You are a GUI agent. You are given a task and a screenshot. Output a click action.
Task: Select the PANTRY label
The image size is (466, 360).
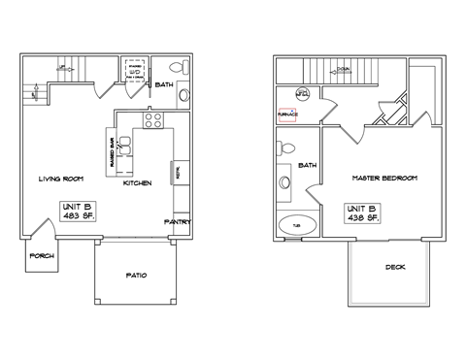(177, 221)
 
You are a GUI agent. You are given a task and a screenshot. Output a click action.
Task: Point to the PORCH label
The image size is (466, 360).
(42, 255)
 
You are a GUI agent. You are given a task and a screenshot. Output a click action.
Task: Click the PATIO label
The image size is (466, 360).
(137, 275)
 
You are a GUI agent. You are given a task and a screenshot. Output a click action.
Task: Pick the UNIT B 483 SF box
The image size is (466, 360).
(77, 212)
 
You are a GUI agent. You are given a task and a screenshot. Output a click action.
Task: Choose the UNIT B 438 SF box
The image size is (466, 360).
(363, 213)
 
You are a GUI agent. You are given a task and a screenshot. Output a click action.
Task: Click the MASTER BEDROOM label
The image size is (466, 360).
(384, 179)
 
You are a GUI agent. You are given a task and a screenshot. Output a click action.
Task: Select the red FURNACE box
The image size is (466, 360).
(287, 115)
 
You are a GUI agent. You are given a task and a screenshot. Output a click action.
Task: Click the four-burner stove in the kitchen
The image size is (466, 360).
(153, 120)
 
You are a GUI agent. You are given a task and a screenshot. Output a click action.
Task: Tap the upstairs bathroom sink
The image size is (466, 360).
(283, 181)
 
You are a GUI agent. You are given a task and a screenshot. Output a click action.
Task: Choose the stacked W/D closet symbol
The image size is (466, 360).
(137, 71)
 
